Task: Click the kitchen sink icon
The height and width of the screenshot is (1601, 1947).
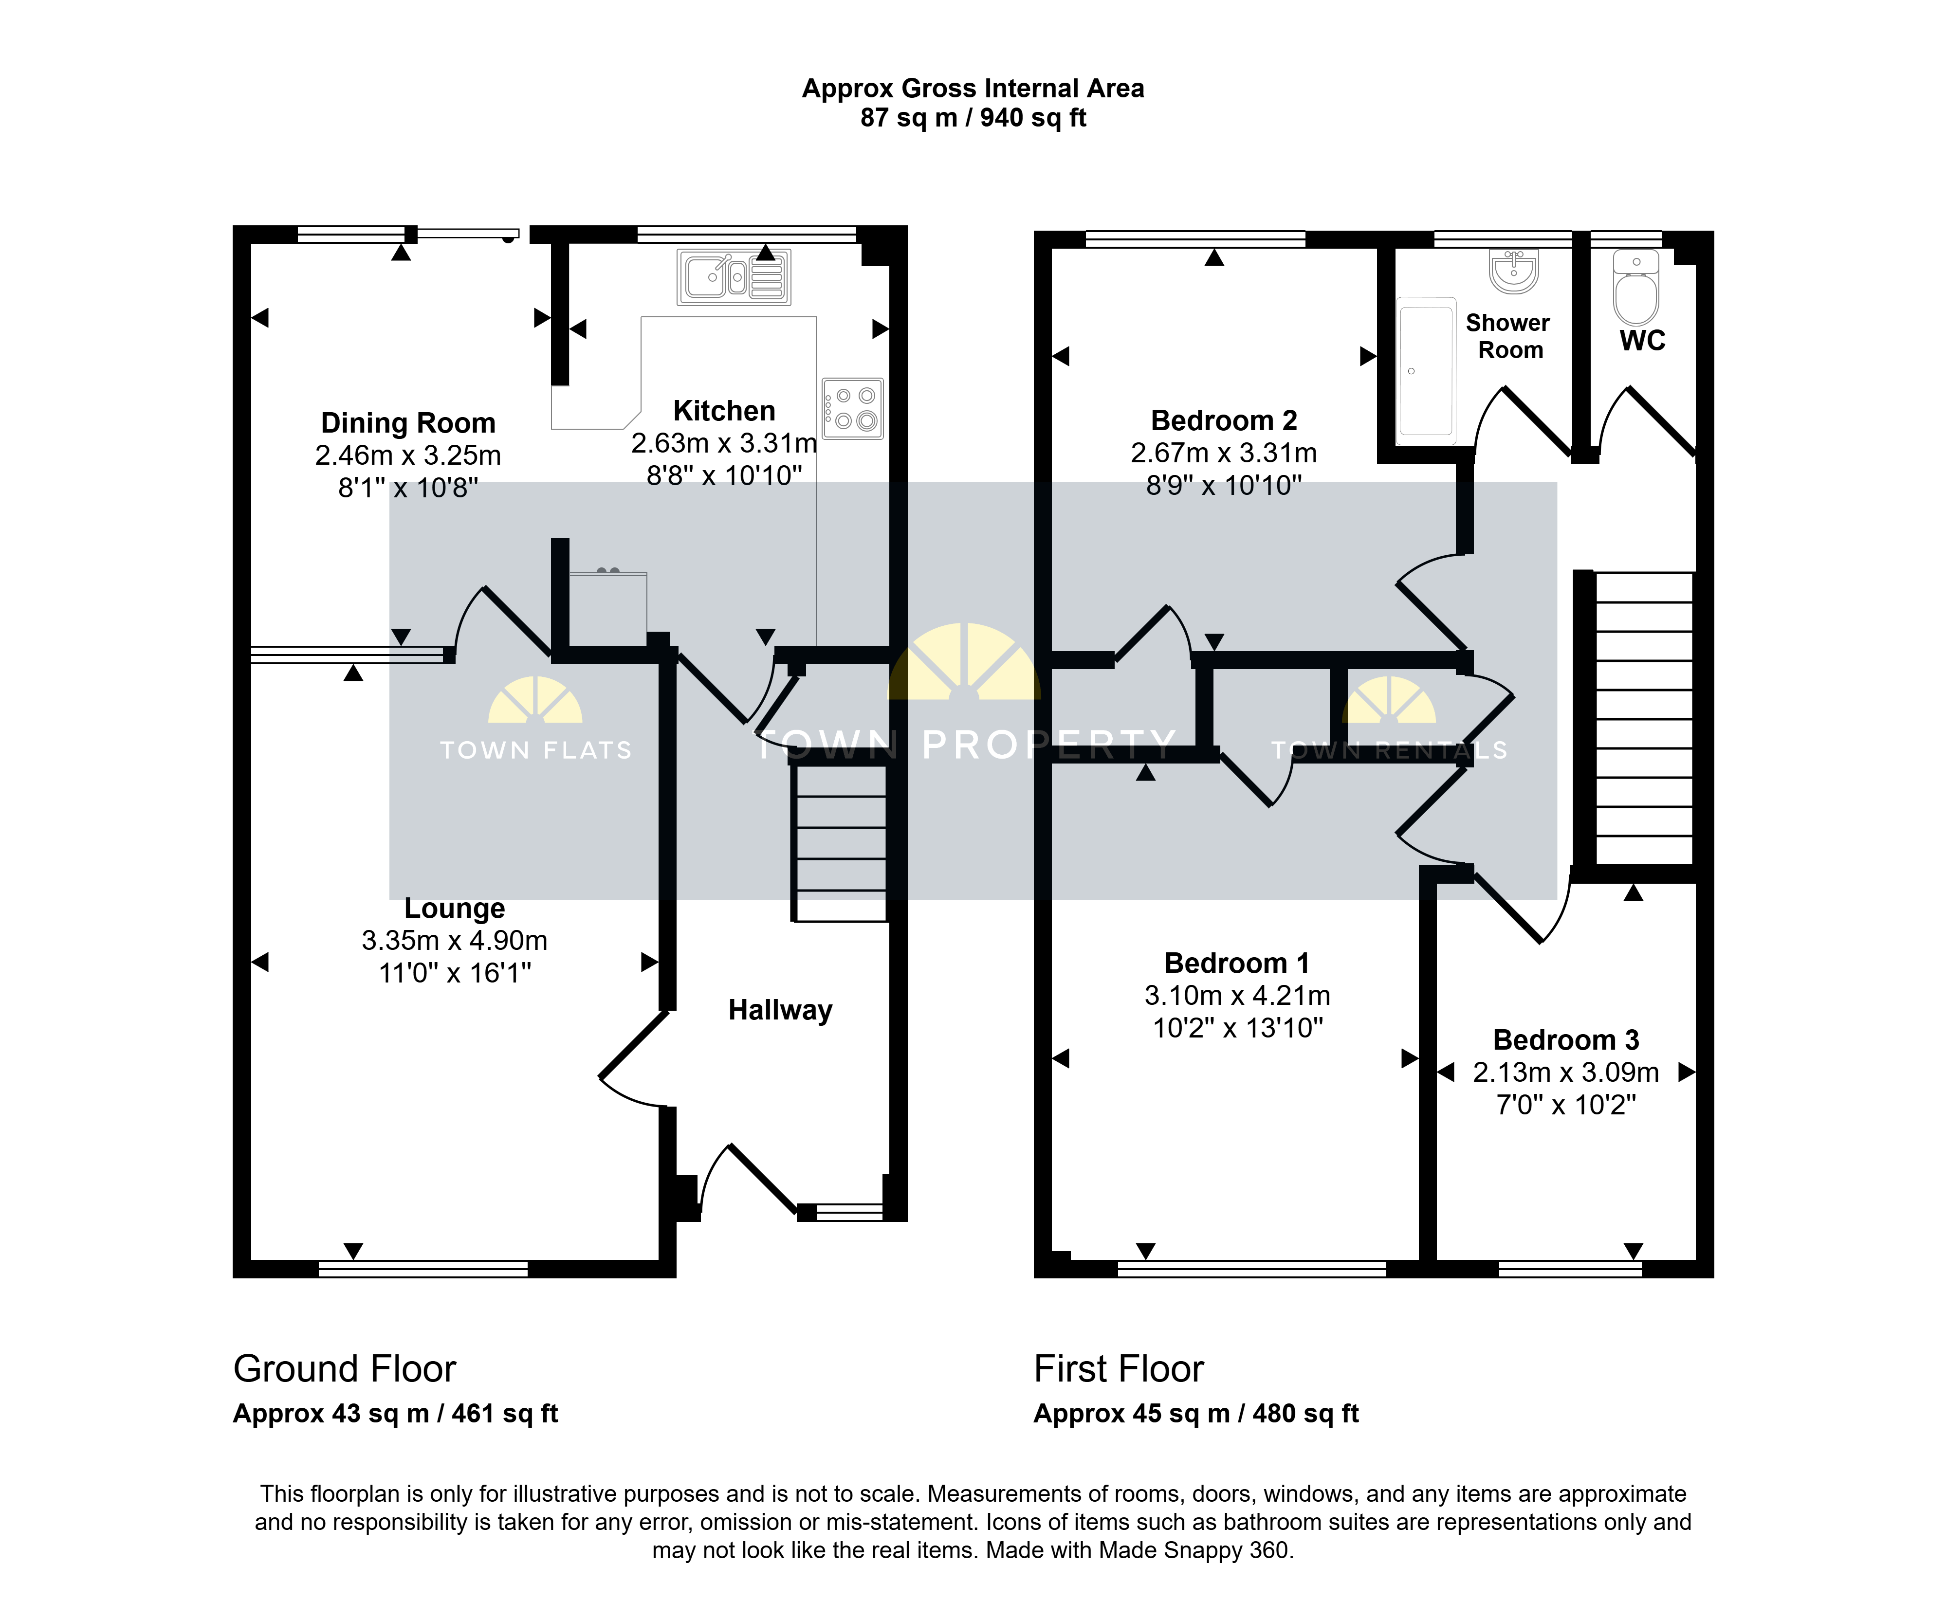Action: pyautogui.click(x=733, y=277)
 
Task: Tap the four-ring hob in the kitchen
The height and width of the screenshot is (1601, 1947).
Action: pyautogui.click(x=853, y=408)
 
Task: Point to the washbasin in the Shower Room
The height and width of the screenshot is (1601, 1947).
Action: pyautogui.click(x=1513, y=271)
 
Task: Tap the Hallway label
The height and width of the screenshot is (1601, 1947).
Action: pyautogui.click(x=780, y=1010)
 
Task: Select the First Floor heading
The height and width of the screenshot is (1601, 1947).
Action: pyautogui.click(x=1119, y=1368)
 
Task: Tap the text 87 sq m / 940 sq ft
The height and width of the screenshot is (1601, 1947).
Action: pyautogui.click(x=973, y=118)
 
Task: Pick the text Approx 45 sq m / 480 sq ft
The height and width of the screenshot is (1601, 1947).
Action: pyautogui.click(x=1196, y=1414)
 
